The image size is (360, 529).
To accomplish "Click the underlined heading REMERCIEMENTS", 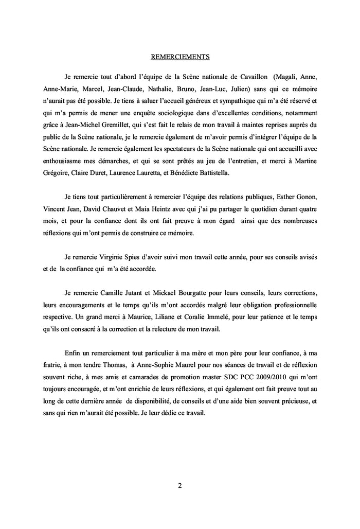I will pyautogui.click(x=180, y=56).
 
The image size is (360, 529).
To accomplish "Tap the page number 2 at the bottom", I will pyautogui.click(x=180, y=485).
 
